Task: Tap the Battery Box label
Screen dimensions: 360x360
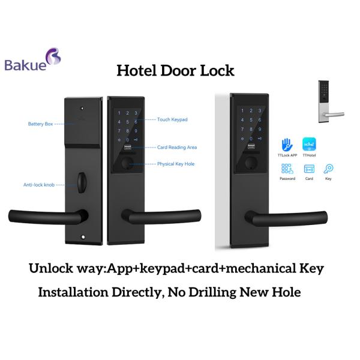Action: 40,124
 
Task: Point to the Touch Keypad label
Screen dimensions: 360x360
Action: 172,120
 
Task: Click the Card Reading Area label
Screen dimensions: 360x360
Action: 176,147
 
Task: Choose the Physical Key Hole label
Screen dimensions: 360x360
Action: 176,164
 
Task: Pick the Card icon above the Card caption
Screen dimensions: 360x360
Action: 310,169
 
